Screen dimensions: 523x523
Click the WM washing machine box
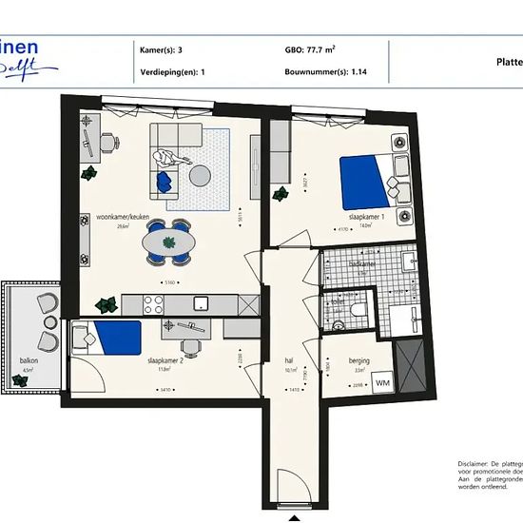[x=382, y=382]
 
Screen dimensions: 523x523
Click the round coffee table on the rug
[x=202, y=176]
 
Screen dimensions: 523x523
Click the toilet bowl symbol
[x=355, y=309]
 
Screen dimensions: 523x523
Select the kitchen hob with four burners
[x=154, y=303]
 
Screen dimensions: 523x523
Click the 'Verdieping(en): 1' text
[x=174, y=71]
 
